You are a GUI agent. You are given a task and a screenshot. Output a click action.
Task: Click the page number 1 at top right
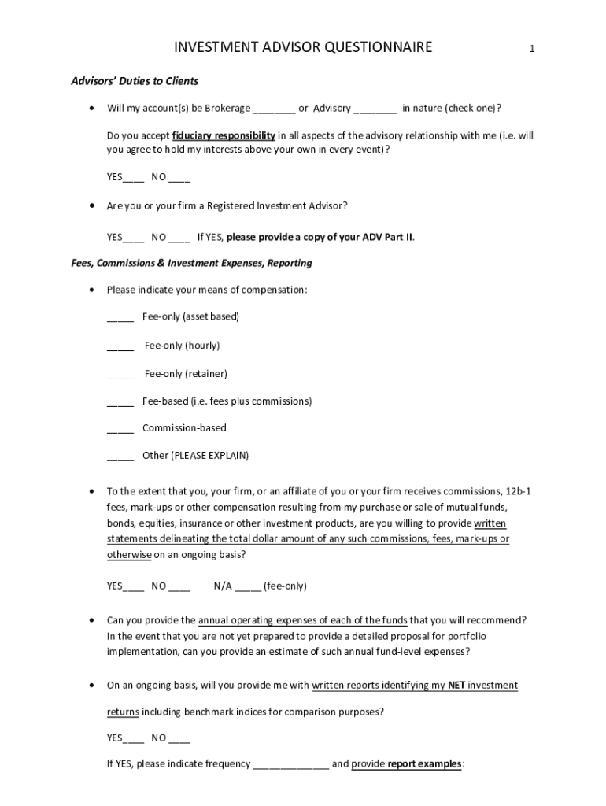(532, 49)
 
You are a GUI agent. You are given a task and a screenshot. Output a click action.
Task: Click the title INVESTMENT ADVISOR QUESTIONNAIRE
(303, 48)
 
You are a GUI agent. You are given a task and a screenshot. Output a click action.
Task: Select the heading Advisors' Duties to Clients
(135, 81)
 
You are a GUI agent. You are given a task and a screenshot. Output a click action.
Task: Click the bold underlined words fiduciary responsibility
(224, 135)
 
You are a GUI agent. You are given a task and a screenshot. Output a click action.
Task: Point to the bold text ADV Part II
(387, 236)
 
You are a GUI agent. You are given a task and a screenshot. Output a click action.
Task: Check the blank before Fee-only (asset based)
(120, 318)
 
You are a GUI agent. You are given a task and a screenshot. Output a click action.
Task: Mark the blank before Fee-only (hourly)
(120, 346)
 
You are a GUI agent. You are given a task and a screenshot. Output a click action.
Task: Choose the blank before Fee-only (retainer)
(120, 375)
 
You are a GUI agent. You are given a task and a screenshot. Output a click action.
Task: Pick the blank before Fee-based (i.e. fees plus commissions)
(120, 402)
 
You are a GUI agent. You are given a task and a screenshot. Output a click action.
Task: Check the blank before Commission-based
(120, 429)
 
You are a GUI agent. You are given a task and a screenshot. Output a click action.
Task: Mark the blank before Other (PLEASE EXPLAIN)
(120, 457)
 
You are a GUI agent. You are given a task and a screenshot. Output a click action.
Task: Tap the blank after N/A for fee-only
(247, 587)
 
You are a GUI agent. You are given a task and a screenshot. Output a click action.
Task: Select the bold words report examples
(425, 764)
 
